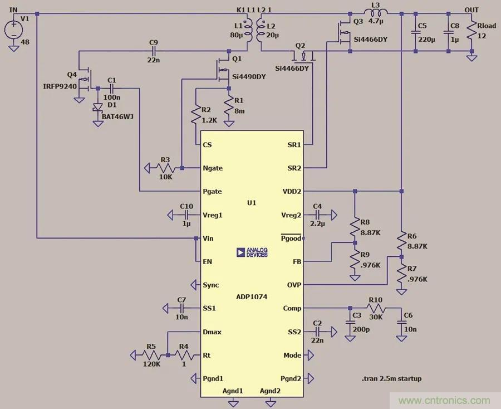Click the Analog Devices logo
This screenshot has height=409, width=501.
252,252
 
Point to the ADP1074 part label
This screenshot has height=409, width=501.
251,297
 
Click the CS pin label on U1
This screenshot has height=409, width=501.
207,145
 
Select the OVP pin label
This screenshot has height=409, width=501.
293,285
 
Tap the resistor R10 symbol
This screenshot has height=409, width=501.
376,308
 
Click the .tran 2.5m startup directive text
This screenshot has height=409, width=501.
391,379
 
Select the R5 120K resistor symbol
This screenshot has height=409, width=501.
150,355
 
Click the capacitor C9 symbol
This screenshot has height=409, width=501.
154,51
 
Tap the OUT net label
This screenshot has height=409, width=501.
471,9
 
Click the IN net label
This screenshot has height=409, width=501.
13,9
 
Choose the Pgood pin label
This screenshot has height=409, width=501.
291,238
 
